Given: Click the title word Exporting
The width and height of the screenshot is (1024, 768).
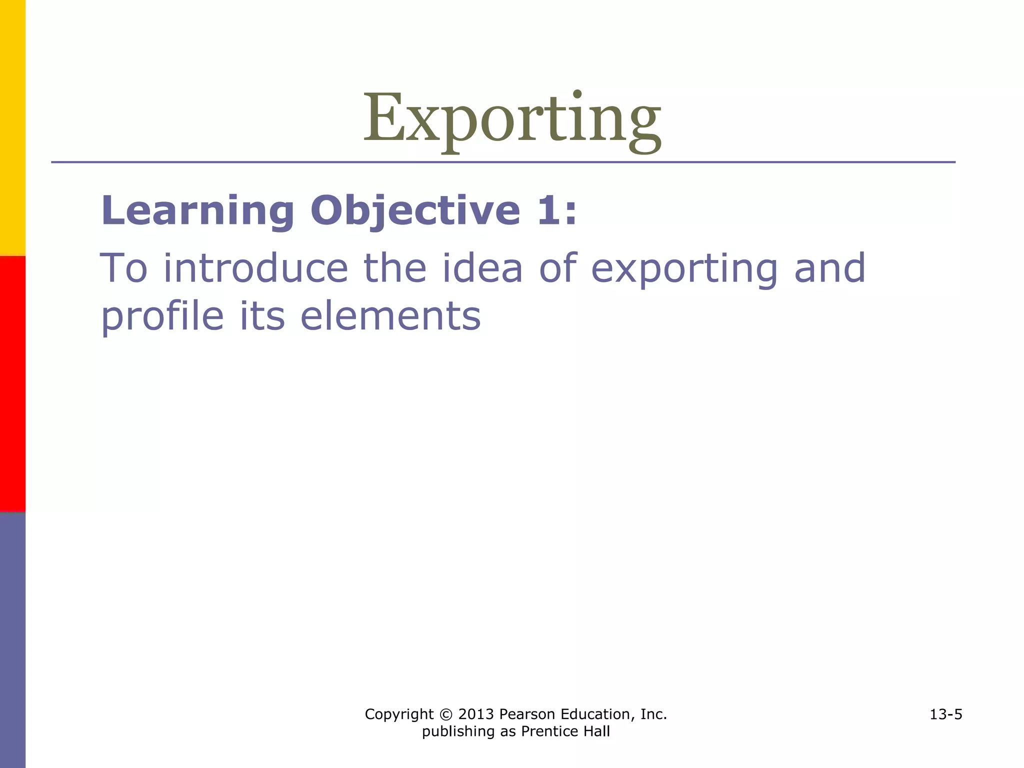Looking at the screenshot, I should click(511, 120).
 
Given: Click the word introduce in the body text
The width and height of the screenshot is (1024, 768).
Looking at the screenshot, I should click(255, 268).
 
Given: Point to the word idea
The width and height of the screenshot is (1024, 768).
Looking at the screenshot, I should click(482, 268).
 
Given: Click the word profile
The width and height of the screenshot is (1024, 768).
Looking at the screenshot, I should click(162, 317).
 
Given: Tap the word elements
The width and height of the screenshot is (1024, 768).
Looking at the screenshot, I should click(390, 316).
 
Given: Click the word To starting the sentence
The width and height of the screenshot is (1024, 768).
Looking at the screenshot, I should click(124, 268).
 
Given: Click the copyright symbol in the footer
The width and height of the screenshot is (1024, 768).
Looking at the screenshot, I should click(445, 714).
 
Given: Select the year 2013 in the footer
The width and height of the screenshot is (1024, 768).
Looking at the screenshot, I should click(476, 714).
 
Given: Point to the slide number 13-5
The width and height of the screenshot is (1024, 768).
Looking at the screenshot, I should click(945, 714).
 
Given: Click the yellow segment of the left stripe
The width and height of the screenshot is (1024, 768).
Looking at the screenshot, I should click(12, 127).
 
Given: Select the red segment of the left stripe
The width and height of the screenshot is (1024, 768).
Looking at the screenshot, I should click(12, 384).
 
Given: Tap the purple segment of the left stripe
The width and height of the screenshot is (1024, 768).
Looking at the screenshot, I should click(12, 640).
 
